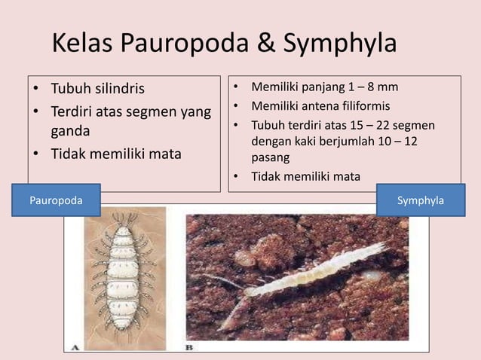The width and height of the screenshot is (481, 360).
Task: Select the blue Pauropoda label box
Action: (55, 201)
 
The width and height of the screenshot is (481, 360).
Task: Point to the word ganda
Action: (70, 133)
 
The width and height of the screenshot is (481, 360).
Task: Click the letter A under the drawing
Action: (75, 347)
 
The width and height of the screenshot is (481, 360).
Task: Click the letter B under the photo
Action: (188, 347)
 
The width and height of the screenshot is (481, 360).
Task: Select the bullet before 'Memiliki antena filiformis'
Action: (237, 106)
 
